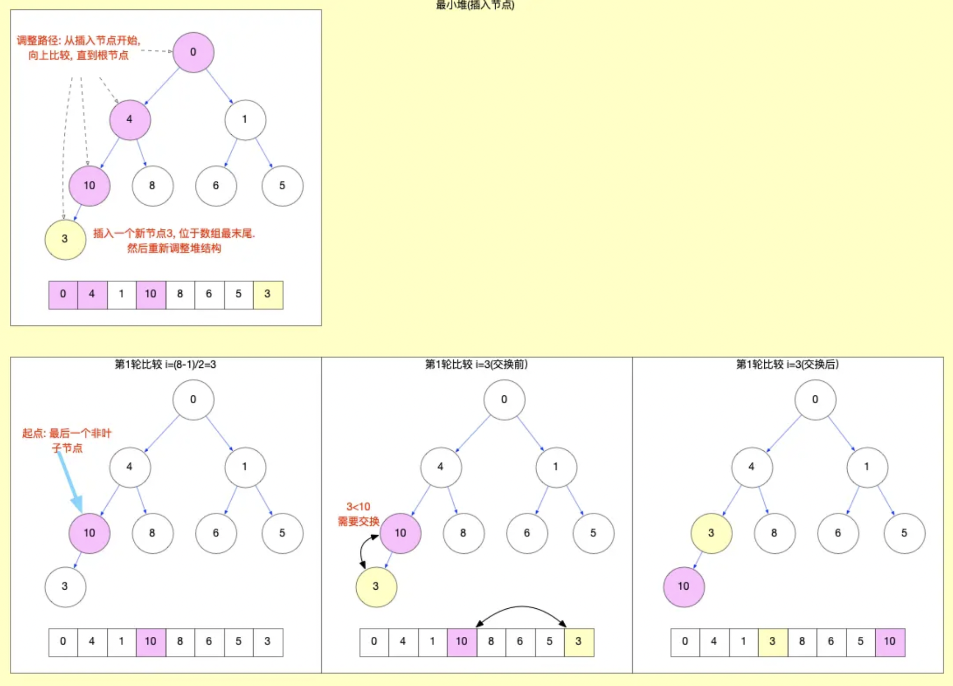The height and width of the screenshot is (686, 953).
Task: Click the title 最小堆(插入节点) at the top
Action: pyautogui.click(x=475, y=5)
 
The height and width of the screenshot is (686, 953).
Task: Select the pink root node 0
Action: pyautogui.click(x=193, y=52)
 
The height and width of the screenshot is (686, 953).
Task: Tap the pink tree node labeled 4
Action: pyautogui.click(x=130, y=120)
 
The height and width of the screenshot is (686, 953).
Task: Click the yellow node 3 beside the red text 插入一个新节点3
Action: pyautogui.click(x=65, y=239)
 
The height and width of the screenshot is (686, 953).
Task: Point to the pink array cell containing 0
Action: pyautogui.click(x=63, y=295)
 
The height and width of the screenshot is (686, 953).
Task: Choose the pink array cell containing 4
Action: pyautogui.click(x=92, y=295)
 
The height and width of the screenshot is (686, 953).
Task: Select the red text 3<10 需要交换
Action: pyautogui.click(x=358, y=514)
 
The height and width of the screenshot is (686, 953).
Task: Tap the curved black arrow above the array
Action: pyautogui.click(x=521, y=610)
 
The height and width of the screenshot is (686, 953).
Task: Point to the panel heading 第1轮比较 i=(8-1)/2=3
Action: pyautogui.click(x=165, y=365)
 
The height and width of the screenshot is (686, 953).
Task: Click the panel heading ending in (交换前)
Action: pyautogui.click(x=476, y=365)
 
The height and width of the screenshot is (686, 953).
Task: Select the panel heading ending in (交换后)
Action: pyautogui.click(x=787, y=365)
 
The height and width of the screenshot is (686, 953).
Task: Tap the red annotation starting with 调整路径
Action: pyautogui.click(x=78, y=48)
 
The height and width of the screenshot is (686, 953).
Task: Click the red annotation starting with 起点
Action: pyautogui.click(x=67, y=440)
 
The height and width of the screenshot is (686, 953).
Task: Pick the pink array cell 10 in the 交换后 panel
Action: pyautogui.click(x=890, y=642)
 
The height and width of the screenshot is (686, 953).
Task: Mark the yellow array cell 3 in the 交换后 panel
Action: pyautogui.click(x=773, y=642)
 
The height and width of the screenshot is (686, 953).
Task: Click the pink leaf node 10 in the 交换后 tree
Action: pyautogui.click(x=684, y=587)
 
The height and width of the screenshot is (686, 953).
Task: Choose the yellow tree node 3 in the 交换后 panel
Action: pyautogui.click(x=711, y=533)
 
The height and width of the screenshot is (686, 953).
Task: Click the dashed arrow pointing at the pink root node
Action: pyautogui.click(x=157, y=51)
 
